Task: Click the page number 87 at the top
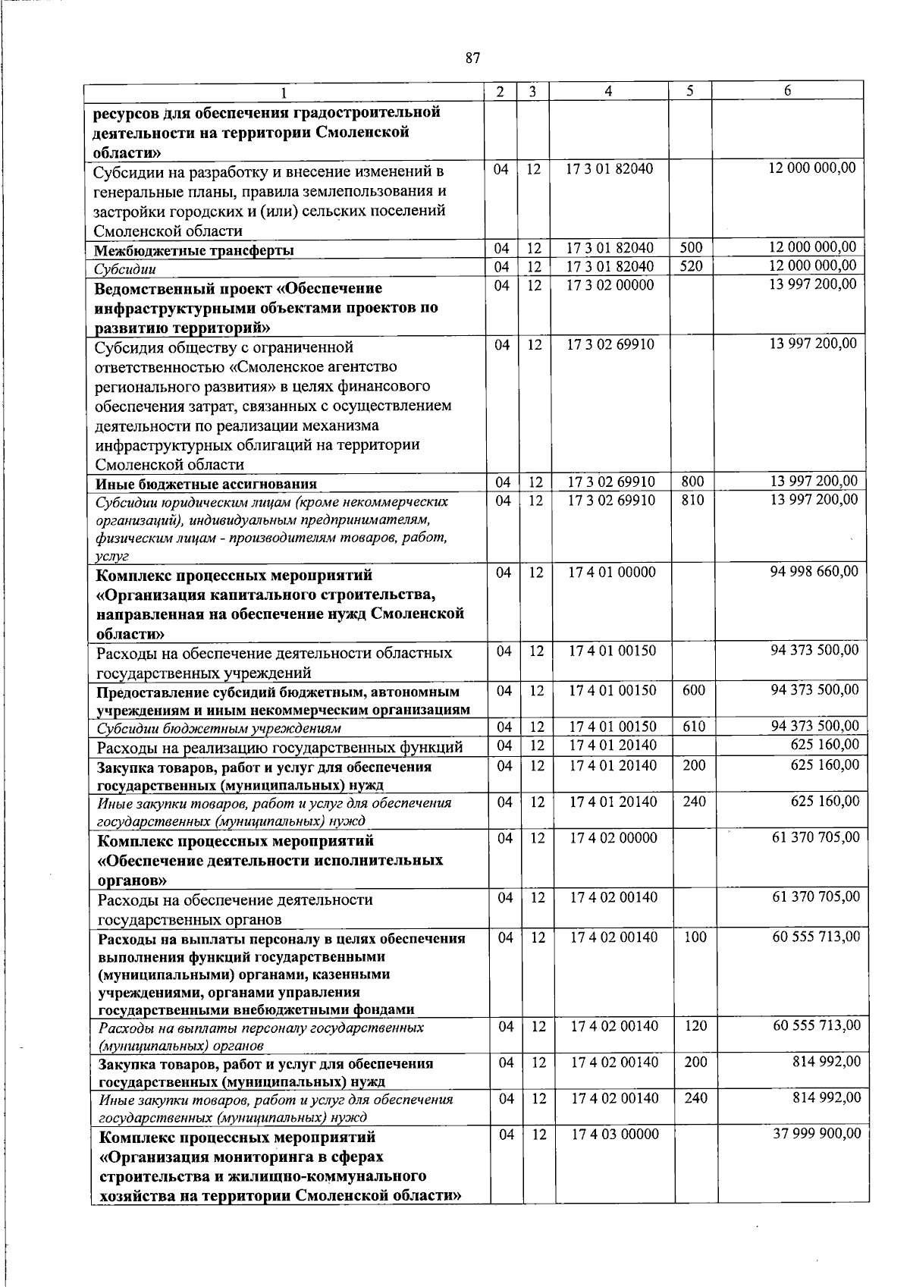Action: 472,58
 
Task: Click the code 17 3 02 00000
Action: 609,284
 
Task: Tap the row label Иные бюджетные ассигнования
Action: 206,484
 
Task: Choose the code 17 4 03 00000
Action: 614,1134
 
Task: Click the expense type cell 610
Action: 694,727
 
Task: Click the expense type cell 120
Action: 695,1026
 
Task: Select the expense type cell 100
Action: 695,937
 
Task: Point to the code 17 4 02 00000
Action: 613,838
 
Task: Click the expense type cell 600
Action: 693,690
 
